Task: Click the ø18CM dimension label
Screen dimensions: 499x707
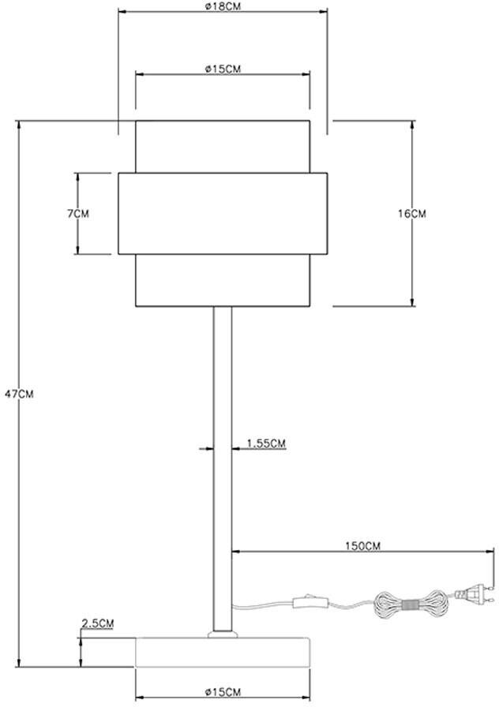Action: pyautogui.click(x=223, y=7)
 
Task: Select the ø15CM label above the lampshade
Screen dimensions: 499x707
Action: pyautogui.click(x=223, y=69)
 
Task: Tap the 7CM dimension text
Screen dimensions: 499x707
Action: pyautogui.click(x=78, y=214)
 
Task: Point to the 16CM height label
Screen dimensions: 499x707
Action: pyautogui.click(x=411, y=214)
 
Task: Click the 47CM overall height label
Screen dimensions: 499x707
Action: pyautogui.click(x=19, y=394)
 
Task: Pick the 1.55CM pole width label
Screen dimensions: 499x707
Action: pyautogui.click(x=266, y=443)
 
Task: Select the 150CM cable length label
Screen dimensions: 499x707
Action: pyautogui.click(x=362, y=546)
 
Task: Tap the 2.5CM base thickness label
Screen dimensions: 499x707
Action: pyautogui.click(x=97, y=623)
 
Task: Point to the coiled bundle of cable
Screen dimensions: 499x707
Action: pyautogui.click(x=411, y=604)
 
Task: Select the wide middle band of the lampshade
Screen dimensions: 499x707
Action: pyautogui.click(x=223, y=214)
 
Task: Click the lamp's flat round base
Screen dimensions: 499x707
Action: pyautogui.click(x=223, y=652)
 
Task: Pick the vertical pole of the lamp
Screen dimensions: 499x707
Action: pyautogui.click(x=223, y=469)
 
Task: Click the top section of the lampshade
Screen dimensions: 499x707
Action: pyautogui.click(x=223, y=147)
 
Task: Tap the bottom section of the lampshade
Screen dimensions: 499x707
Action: pyautogui.click(x=223, y=280)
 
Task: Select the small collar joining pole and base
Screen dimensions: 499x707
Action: pyautogui.click(x=223, y=634)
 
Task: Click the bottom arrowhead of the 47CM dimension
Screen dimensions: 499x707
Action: pyautogui.click(x=19, y=662)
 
